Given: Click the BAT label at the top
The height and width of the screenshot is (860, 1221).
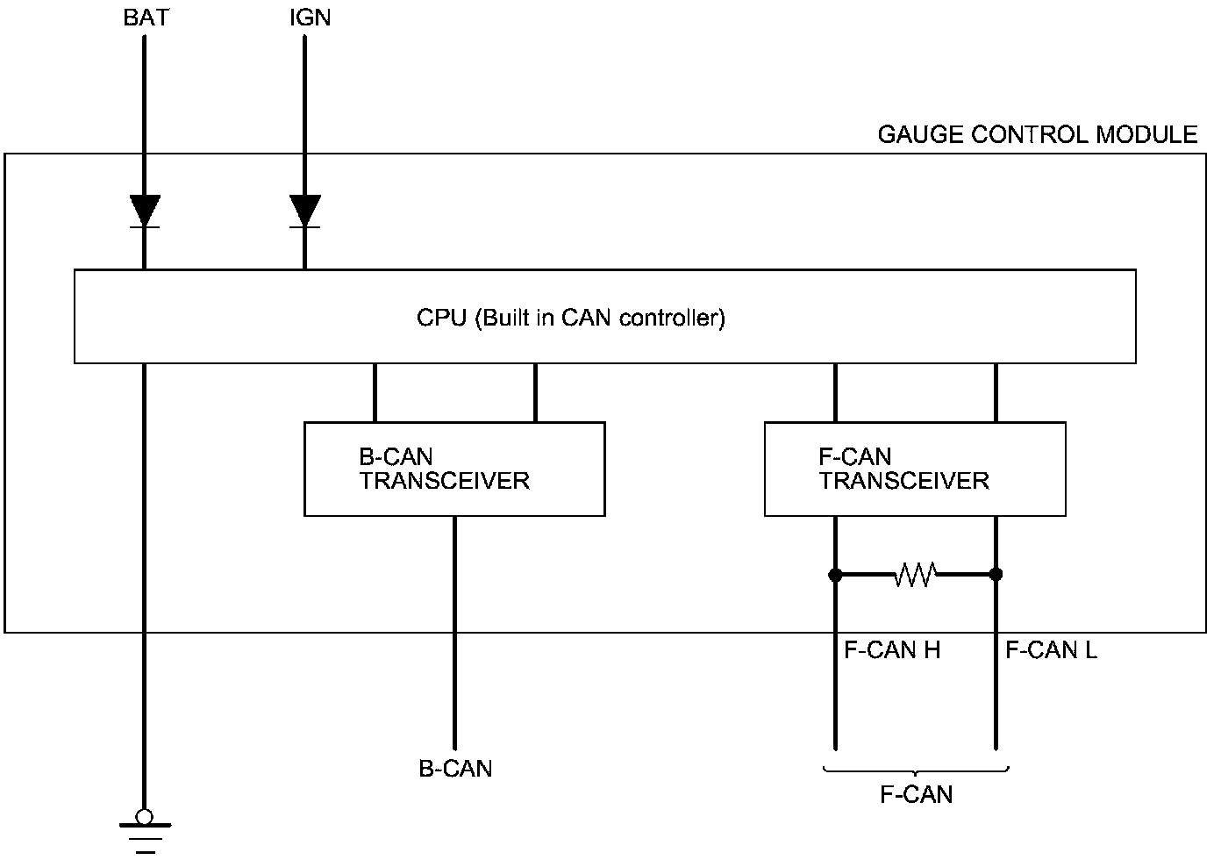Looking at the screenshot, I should click(146, 18).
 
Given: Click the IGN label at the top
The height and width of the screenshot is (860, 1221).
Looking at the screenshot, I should click(310, 18).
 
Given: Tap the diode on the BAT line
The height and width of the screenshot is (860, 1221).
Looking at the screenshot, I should click(145, 211).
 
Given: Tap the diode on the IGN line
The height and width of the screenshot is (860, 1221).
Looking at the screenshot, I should click(305, 211).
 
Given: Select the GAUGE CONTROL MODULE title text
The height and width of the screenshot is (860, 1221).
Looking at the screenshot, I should click(1037, 134).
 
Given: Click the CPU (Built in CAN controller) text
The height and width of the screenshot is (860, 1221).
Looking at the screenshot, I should click(571, 318).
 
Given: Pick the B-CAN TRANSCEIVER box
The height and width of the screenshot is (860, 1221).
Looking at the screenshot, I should click(454, 469).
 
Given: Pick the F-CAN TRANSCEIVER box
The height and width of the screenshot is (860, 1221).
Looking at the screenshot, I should click(915, 469).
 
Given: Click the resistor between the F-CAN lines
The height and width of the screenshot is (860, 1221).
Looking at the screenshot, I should click(915, 575).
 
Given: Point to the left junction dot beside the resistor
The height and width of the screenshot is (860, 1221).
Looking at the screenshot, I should click(835, 575).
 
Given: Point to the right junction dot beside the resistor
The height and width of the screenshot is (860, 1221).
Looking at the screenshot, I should click(996, 575).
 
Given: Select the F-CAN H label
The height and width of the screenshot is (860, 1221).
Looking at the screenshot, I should click(892, 650).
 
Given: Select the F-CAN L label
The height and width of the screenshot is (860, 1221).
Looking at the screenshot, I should click(1051, 650).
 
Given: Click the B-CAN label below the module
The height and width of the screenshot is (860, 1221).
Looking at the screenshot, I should click(455, 769).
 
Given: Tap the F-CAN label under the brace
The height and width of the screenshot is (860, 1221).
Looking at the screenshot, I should click(916, 794).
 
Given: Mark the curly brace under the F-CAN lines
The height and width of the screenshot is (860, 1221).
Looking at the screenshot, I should click(916, 771).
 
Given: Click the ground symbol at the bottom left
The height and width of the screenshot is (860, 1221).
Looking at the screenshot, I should click(145, 834).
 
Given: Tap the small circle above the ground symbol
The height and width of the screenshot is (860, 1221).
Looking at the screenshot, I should click(145, 817).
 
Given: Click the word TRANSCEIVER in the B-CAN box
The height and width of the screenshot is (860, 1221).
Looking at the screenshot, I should click(445, 481).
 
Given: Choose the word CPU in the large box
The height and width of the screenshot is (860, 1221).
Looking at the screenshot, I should click(441, 318).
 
